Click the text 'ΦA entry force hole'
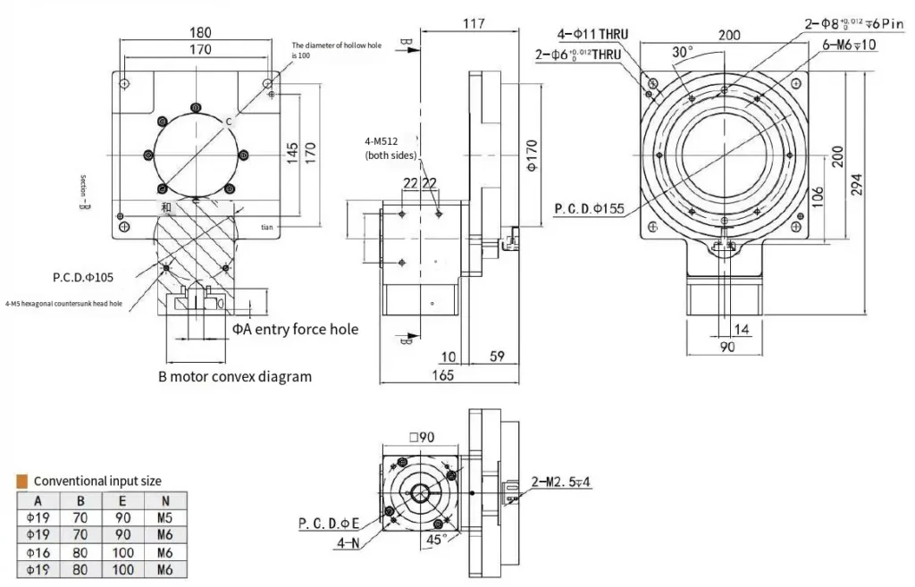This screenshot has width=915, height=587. [x=295, y=330]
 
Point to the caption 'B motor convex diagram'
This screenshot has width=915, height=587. [x=235, y=376]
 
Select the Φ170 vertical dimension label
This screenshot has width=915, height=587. [x=531, y=154]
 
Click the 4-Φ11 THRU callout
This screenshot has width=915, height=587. [x=593, y=35]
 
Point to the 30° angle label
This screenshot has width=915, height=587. [x=683, y=53]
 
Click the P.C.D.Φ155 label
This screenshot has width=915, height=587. [x=590, y=210]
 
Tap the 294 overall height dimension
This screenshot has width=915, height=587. [x=859, y=185]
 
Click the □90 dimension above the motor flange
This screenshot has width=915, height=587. [x=422, y=437]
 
